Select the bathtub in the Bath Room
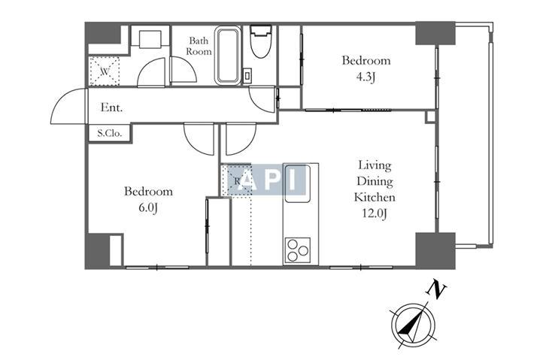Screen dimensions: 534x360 (x=227, y=56)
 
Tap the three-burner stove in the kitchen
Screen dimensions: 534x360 (x=298, y=250)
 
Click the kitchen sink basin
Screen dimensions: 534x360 (x=297, y=183)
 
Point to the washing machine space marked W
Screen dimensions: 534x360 (x=105, y=71)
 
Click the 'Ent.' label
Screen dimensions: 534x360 (x=111, y=108)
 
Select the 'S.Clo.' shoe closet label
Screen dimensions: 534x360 (x=109, y=133)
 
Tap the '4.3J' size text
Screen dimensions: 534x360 (x=366, y=78)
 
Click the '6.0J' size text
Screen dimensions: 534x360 (x=148, y=208)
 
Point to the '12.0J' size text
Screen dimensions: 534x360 (x=374, y=213)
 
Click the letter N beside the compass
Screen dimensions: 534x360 (x=436, y=289)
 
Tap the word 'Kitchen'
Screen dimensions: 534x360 (x=375, y=198)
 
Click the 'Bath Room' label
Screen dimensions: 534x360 (x=199, y=46)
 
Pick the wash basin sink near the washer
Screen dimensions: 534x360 (x=150, y=38)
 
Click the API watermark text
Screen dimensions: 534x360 (x=267, y=179)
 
